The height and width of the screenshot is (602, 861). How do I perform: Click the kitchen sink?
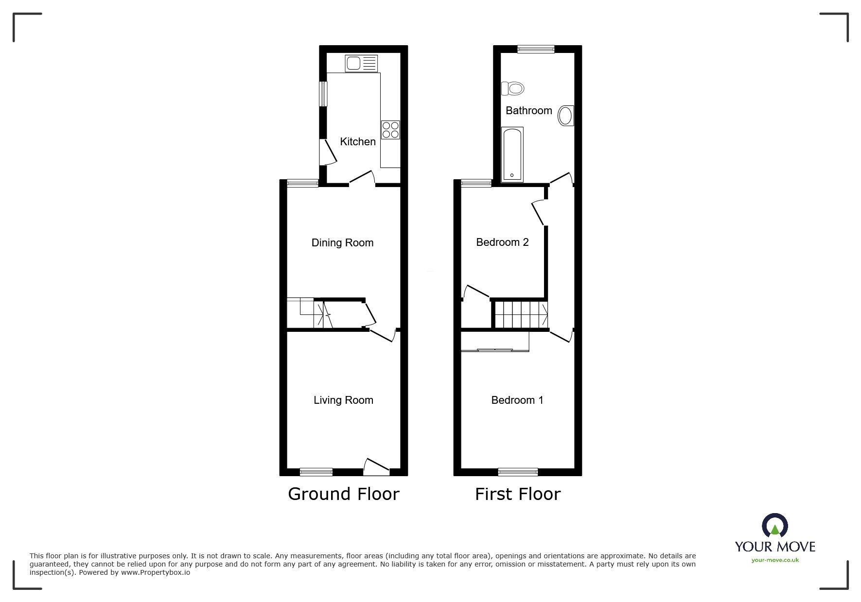(361, 64)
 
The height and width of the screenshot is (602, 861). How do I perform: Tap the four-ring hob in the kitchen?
(390, 130)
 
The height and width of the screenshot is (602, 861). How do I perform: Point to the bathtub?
(512, 155)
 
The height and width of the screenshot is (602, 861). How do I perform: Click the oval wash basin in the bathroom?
(566, 116)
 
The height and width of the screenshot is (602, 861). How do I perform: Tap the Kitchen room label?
(358, 142)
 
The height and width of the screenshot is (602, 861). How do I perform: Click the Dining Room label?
(343, 243)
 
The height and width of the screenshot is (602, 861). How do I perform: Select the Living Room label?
(343, 400)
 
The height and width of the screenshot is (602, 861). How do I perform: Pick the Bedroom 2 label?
(502, 242)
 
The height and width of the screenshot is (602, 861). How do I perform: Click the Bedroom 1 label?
(517, 400)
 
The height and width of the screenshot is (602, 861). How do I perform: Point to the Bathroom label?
(529, 111)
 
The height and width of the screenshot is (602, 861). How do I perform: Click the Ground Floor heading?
(344, 494)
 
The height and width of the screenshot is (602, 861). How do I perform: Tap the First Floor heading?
(518, 494)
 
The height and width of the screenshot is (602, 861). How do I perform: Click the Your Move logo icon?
(774, 526)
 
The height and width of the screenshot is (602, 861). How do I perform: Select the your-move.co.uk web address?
(775, 560)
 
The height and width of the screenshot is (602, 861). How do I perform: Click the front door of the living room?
(376, 467)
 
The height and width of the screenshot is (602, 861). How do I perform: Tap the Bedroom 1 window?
(518, 472)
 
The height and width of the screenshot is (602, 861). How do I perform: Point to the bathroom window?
(536, 49)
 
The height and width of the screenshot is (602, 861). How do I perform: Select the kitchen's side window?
(323, 93)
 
